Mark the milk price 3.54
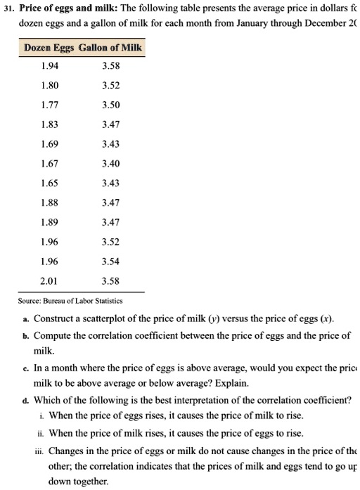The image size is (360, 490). [111, 259]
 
